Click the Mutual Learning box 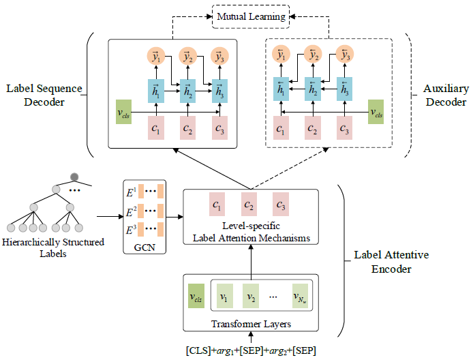pyautogui.click(x=252, y=15)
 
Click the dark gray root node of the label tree pyautogui.click(x=75, y=179)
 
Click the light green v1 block pyautogui.click(x=224, y=297)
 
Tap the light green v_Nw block pyautogui.click(x=300, y=297)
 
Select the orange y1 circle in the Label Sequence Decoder pyautogui.click(x=155, y=57)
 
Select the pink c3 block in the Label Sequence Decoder pyautogui.click(x=219, y=127)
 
